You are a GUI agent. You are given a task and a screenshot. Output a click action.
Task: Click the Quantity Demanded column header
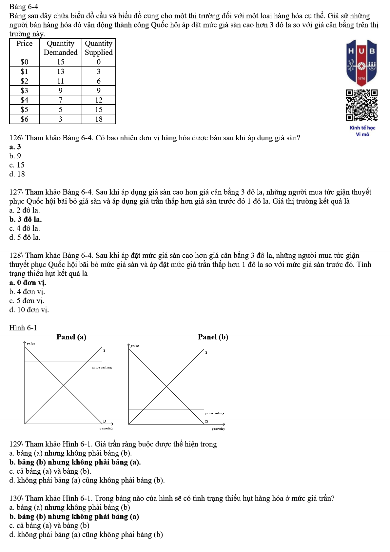coord(60,48)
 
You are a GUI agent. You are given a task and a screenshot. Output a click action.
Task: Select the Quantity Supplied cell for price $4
coord(99,100)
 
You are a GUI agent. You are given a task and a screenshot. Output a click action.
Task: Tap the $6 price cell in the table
coord(25,119)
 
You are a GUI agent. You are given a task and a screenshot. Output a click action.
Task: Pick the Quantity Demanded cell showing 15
coord(60,62)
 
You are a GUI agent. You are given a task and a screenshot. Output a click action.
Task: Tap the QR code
coord(361,105)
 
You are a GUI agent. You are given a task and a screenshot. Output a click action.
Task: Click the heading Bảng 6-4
coord(24,7)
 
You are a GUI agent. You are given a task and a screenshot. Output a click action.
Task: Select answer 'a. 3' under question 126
coord(15,147)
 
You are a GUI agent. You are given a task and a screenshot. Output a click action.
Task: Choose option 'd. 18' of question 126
coord(17,174)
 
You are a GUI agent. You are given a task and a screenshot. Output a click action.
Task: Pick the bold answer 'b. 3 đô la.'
coord(26,219)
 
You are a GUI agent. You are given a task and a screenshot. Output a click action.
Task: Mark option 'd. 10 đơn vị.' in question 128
coord(29,310)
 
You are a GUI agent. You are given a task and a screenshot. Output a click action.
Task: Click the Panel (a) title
coord(71,337)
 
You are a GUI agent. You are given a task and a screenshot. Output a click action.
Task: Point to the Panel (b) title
coord(213,337)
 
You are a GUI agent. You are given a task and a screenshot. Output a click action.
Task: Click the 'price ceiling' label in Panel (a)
coord(102,367)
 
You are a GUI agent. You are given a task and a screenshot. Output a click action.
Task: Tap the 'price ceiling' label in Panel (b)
coord(215,413)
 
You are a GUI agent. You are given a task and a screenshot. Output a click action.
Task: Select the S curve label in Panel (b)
coord(206,352)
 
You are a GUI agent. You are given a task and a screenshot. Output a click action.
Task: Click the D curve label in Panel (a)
coord(105,421)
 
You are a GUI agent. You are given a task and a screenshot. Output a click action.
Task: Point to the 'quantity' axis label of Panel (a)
coord(107,428)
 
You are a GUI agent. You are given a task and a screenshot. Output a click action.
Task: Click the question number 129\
coord(16,444)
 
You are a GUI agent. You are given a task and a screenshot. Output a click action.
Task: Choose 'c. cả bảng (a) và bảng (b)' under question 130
coord(49,525)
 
